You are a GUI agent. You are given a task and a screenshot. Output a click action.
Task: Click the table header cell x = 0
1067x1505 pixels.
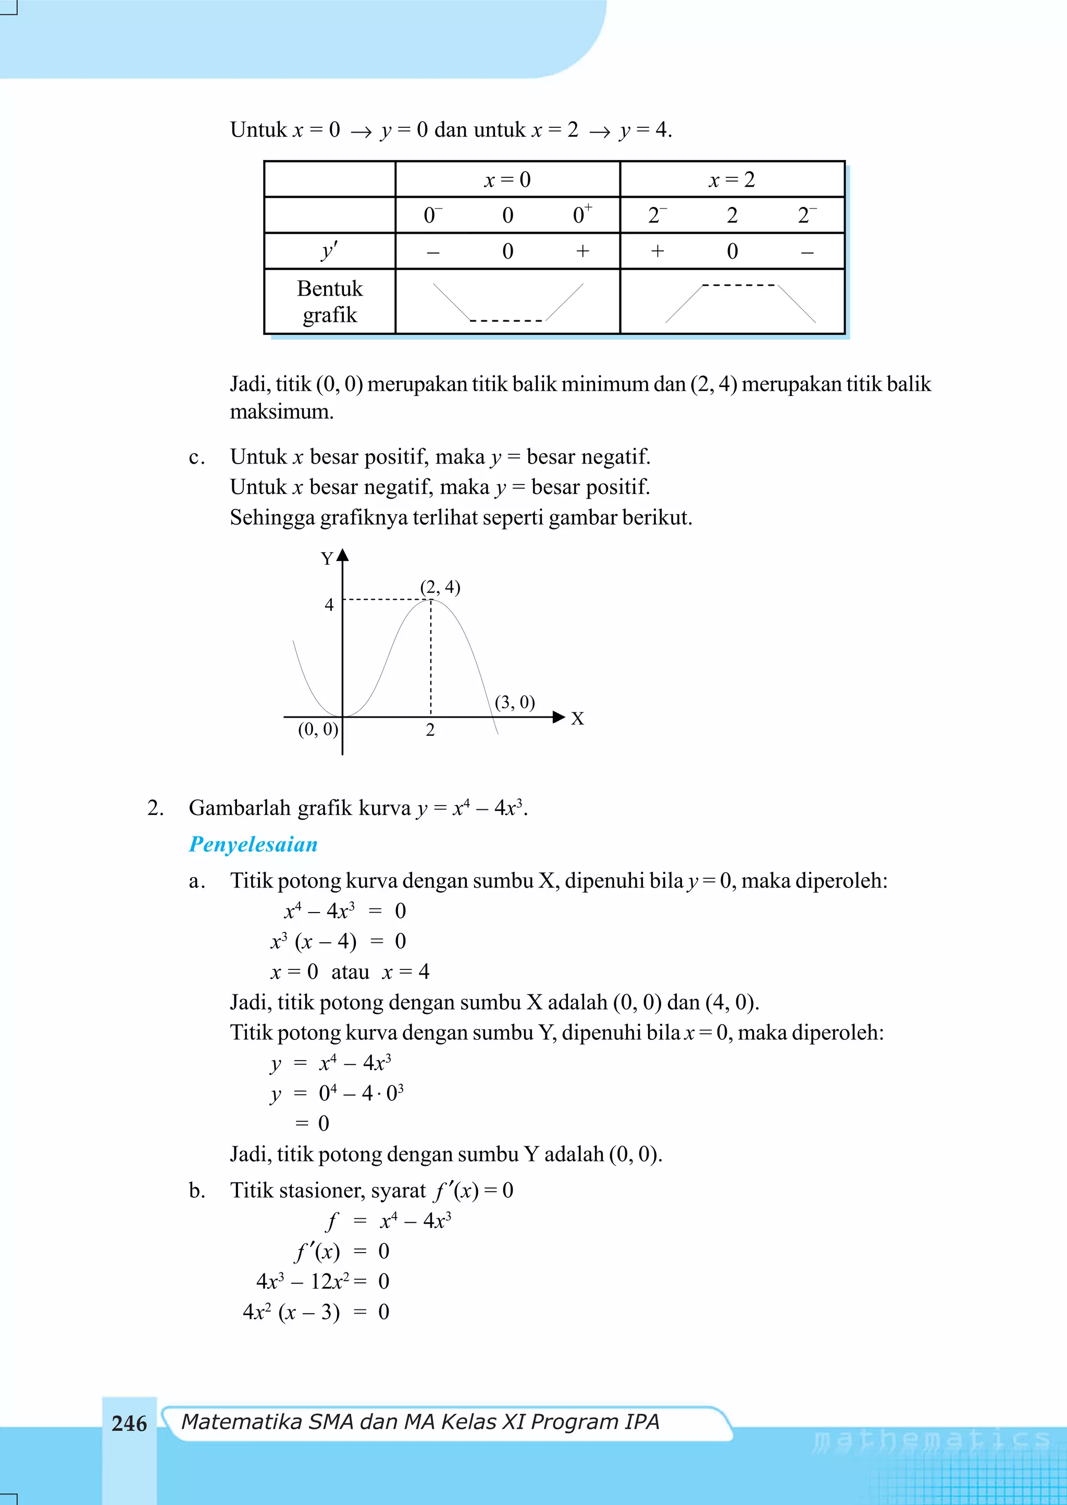507,179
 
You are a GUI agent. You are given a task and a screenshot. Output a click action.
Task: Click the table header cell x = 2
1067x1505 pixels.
732,179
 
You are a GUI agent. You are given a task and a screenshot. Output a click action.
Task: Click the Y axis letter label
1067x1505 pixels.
327,559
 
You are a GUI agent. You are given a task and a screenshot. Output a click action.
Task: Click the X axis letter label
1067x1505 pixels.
577,719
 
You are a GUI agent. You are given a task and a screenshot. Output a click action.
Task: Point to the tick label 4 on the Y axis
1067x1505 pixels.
329,605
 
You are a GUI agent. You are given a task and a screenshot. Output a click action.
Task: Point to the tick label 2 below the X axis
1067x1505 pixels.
430,730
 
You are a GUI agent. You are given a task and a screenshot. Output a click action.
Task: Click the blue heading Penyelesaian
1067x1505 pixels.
253,844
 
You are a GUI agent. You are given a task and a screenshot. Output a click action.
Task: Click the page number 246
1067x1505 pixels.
129,1424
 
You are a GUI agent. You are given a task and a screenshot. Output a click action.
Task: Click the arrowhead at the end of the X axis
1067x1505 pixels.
559,717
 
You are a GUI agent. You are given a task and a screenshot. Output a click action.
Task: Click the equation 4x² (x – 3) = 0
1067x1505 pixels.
315,1312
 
